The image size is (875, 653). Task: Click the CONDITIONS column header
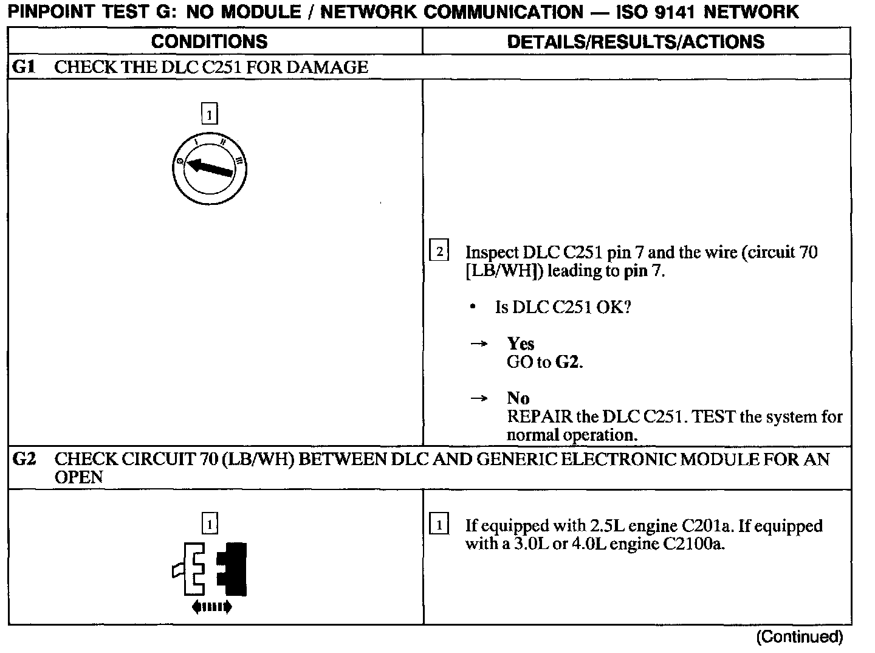point(209,41)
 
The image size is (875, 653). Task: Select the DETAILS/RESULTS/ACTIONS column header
point(636,41)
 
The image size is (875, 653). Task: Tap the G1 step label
point(24,67)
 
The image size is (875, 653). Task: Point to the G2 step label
point(24,459)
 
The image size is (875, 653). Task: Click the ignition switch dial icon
point(209,168)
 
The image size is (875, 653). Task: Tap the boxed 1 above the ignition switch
point(209,114)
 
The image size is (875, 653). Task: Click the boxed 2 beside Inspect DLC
point(439,251)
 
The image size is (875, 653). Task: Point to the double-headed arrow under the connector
point(211,606)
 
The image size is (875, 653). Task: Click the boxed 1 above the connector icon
point(210,524)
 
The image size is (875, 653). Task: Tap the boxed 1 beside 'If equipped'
point(439,525)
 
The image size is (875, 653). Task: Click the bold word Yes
point(521,344)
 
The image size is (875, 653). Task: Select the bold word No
point(518,398)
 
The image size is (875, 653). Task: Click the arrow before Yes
point(479,344)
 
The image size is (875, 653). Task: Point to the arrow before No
point(479,399)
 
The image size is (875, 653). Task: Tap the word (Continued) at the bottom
point(799,637)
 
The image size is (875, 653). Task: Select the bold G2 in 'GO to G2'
point(568,362)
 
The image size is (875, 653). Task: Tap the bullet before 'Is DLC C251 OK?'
point(473,307)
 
